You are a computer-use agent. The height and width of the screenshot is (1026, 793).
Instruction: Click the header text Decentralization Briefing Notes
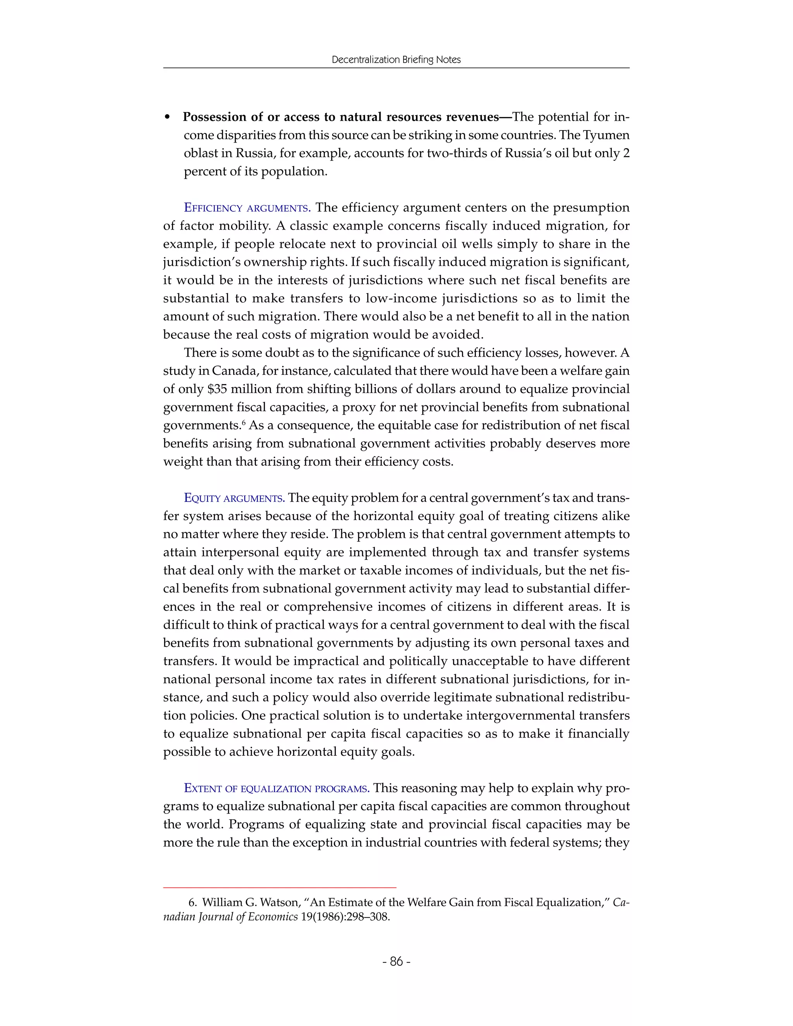(396, 60)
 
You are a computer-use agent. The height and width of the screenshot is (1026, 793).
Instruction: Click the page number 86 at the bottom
(396, 961)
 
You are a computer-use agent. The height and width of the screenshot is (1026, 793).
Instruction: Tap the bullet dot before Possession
(167, 117)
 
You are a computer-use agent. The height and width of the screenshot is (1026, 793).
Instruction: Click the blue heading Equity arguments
(234, 498)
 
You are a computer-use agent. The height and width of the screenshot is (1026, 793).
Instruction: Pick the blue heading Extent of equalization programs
(276, 788)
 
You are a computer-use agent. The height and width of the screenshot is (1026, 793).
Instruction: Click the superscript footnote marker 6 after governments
(244, 422)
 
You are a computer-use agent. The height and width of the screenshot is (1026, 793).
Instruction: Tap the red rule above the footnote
(280, 887)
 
